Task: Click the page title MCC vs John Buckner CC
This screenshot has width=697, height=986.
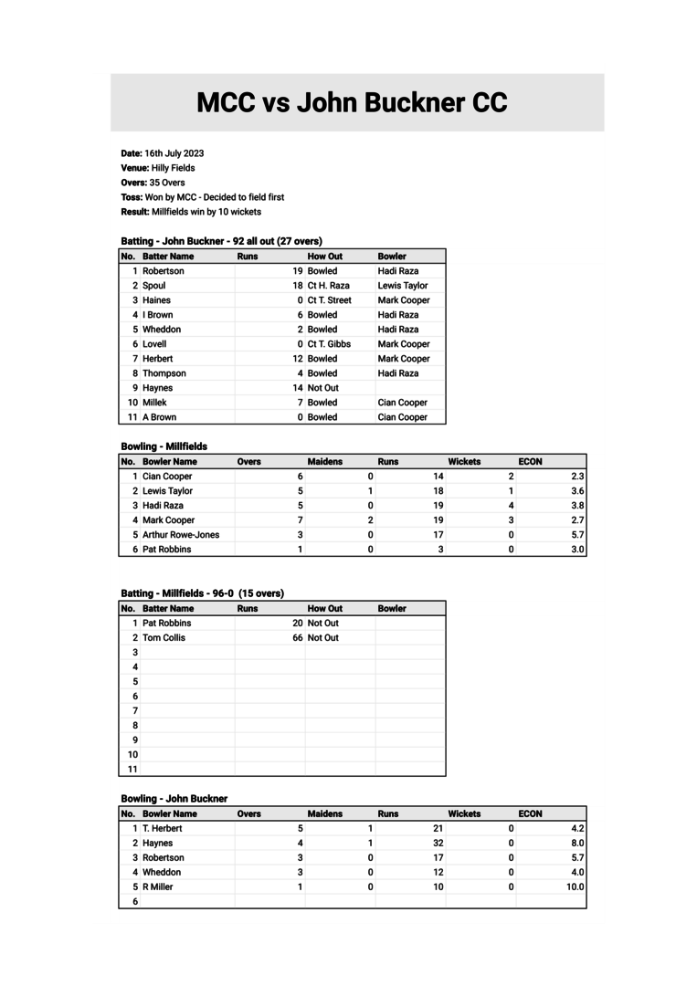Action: (352, 102)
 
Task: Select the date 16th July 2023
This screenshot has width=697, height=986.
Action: (174, 153)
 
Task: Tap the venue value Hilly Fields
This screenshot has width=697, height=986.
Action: (173, 168)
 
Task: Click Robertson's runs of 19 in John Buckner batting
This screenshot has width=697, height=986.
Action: (298, 271)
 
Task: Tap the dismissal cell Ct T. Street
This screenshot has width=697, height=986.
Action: (329, 300)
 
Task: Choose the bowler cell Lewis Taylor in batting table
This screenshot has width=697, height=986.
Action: (403, 286)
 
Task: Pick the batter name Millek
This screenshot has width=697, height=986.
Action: (155, 403)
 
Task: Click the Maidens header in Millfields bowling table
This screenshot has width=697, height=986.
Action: (325, 462)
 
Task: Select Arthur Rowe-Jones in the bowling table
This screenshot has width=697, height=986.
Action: (181, 535)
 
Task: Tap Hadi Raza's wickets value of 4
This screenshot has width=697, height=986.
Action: (511, 506)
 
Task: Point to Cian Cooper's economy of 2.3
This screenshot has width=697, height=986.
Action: (577, 477)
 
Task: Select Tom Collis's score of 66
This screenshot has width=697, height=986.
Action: (298, 638)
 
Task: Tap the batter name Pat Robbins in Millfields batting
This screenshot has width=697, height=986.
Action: (167, 624)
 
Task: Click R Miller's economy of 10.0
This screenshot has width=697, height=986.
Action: (576, 886)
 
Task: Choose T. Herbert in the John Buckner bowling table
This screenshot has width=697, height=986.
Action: (163, 828)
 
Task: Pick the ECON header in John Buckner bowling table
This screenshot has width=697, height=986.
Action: (531, 813)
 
